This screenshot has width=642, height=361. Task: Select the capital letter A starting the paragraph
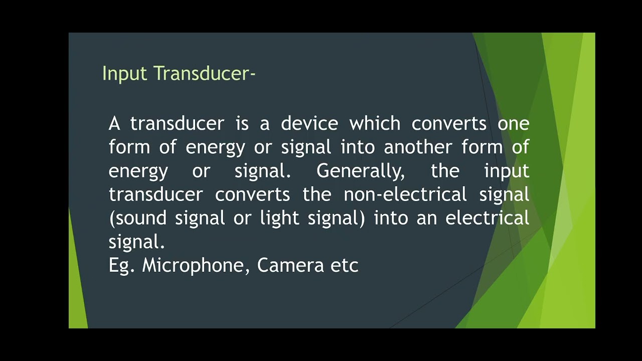(114, 123)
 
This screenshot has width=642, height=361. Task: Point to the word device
(309, 123)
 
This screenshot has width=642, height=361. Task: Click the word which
(375, 123)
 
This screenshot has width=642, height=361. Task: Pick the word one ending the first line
(513, 123)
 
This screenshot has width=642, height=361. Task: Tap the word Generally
(360, 171)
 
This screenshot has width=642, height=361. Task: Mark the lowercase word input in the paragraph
(507, 171)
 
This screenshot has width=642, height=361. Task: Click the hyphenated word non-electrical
(405, 195)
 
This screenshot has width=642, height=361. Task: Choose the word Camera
(290, 266)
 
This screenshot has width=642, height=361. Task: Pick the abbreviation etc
(345, 266)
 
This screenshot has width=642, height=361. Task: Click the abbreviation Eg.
(121, 266)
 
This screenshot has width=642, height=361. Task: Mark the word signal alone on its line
(136, 242)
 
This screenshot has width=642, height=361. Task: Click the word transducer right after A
(177, 123)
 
